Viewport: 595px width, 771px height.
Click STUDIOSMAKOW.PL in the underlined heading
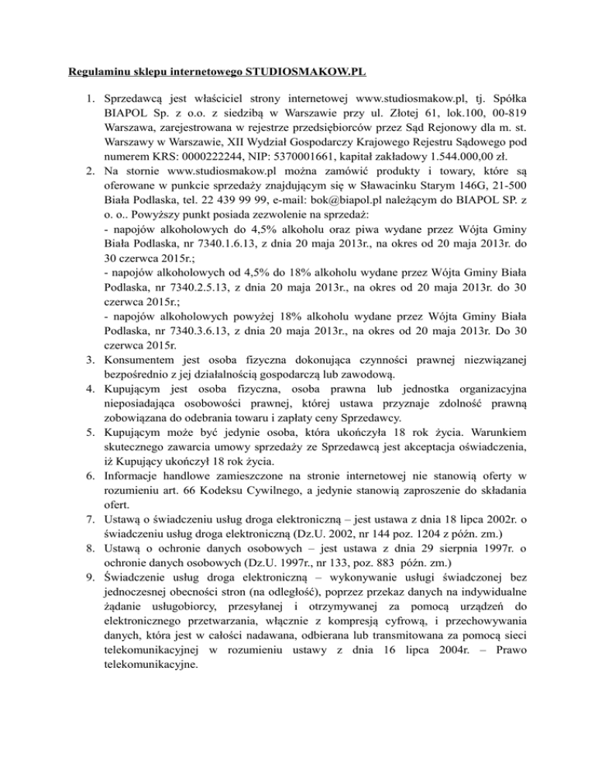[306, 75]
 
